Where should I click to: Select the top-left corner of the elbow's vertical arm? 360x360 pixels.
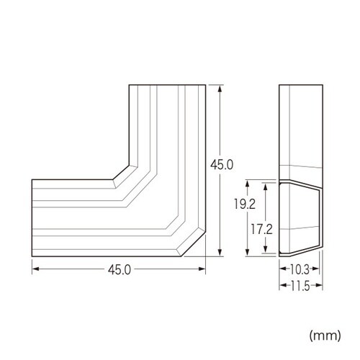pos(130,86)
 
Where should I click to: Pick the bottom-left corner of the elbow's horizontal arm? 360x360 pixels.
pos(32,258)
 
